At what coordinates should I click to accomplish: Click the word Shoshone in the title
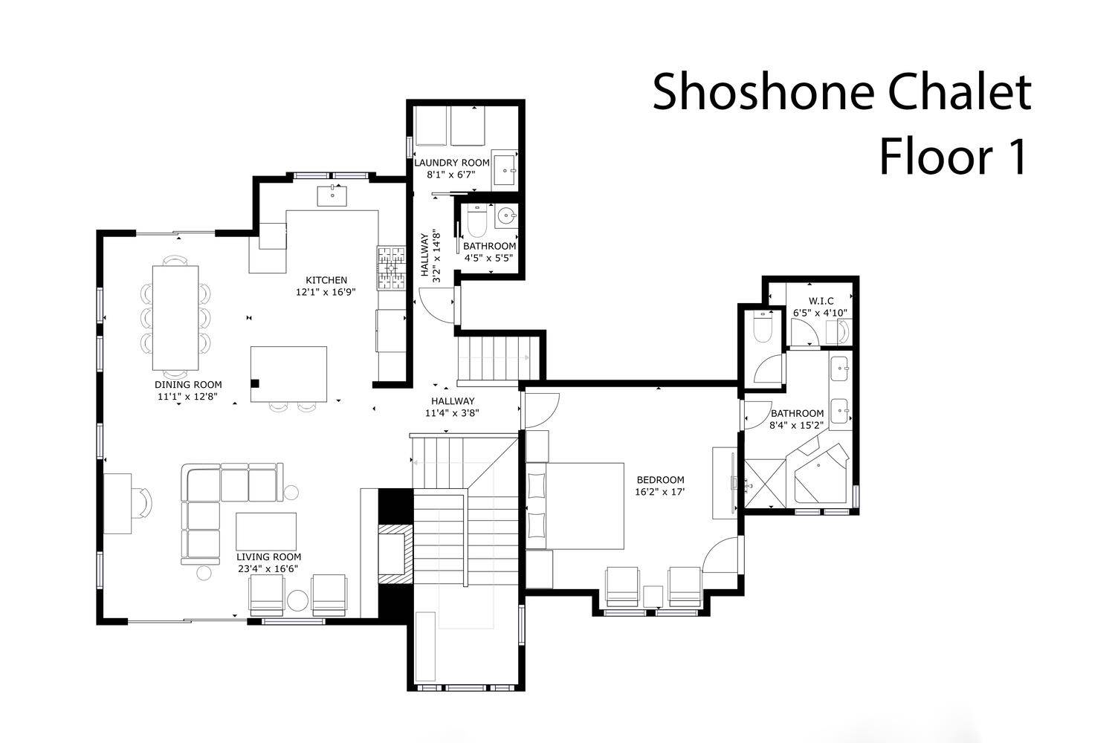pos(763,92)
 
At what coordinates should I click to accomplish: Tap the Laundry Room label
pos(451,163)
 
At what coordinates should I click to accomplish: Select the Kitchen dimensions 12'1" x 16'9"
pos(326,292)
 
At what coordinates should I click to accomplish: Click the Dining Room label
pos(188,385)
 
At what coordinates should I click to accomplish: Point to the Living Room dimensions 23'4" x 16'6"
pos(268,569)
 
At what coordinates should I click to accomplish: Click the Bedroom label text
pos(661,480)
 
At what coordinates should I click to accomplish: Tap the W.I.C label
pos(821,301)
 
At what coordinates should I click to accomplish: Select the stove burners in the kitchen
pos(391,268)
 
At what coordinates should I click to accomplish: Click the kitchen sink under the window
pos(332,195)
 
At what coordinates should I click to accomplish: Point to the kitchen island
pos(288,374)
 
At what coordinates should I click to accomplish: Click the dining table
pos(175,318)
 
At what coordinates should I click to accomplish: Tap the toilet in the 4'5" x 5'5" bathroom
pos(476,221)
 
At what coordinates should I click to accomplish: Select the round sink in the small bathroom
pos(507,216)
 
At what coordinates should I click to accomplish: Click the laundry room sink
pos(505,170)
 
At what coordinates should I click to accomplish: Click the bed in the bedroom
pos(575,506)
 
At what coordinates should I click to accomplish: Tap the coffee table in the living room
pos(266,531)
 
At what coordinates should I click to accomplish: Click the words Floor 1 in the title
pos(953,157)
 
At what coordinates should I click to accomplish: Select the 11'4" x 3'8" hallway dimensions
pos(452,413)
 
